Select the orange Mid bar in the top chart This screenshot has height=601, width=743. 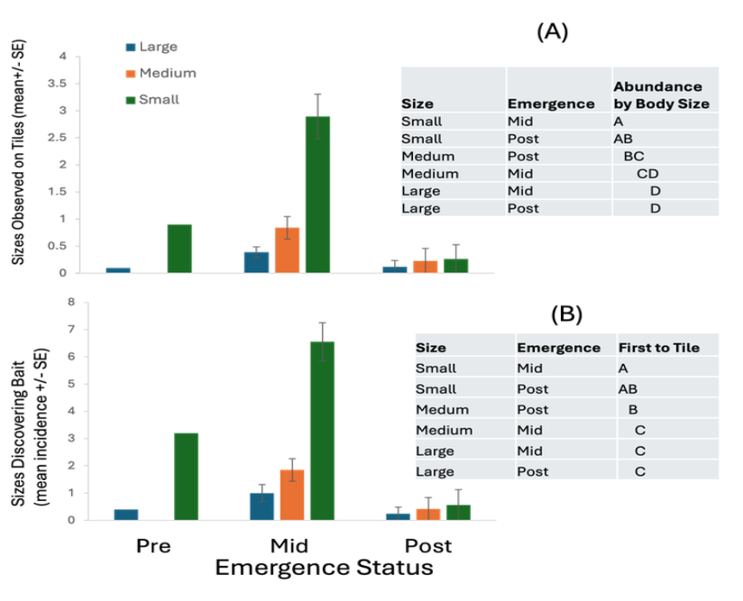click(287, 249)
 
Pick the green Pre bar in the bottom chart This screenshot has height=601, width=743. click(186, 476)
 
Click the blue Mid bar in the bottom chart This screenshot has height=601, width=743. click(261, 506)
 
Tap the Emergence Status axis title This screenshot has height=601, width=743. click(323, 569)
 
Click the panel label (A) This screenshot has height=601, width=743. click(552, 32)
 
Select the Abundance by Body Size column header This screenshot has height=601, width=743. click(661, 95)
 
